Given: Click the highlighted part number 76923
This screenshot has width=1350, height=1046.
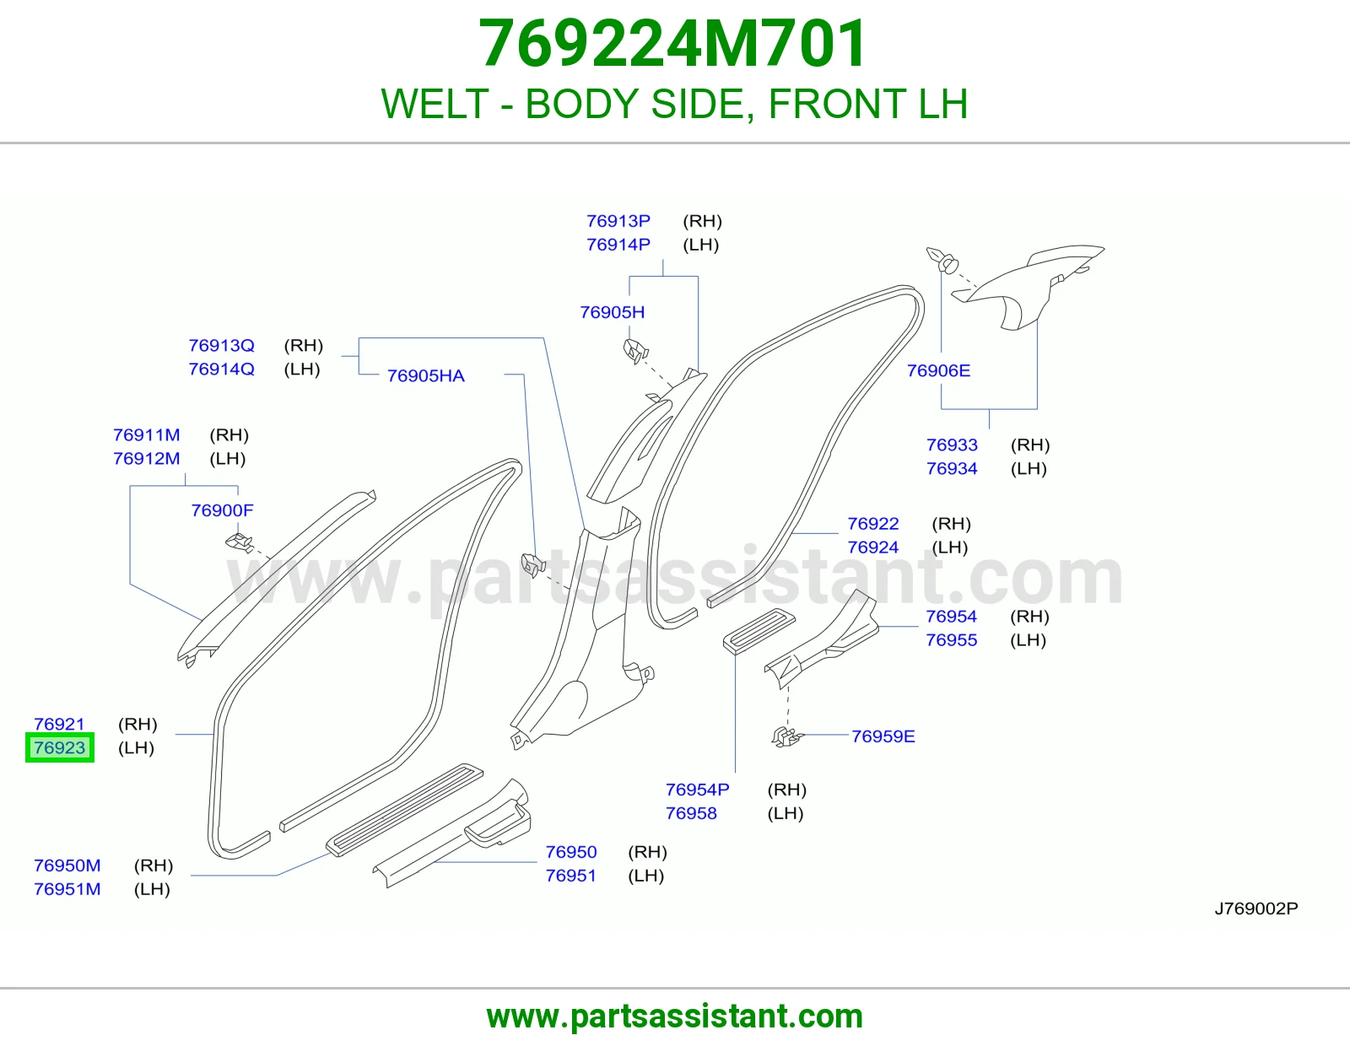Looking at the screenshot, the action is pyautogui.click(x=60, y=747).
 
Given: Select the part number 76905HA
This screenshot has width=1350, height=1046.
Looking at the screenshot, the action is pyautogui.click(x=425, y=375).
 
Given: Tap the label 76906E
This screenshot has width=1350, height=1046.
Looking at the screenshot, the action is pyautogui.click(x=938, y=371).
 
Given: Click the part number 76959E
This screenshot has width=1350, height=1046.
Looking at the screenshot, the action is pyautogui.click(x=883, y=736).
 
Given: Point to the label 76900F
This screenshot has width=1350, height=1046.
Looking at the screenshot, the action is pyautogui.click(x=222, y=510).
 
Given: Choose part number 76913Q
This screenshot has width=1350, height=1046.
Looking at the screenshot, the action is pyautogui.click(x=221, y=345).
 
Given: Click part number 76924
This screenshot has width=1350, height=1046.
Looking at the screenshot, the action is pyautogui.click(x=873, y=547).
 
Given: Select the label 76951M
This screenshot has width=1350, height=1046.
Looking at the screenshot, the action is pyautogui.click(x=67, y=889).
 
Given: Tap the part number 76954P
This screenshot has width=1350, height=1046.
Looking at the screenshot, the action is pyautogui.click(x=697, y=790).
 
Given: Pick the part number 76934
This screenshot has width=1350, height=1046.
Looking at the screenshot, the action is pyautogui.click(x=952, y=468).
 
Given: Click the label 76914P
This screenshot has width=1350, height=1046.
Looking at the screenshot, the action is pyautogui.click(x=618, y=245).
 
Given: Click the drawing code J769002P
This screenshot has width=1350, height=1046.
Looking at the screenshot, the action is pyautogui.click(x=1256, y=909).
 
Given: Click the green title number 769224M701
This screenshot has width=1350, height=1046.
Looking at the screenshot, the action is pyautogui.click(x=672, y=44).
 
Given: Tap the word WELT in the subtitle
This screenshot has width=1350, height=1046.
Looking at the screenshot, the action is pyautogui.click(x=435, y=104).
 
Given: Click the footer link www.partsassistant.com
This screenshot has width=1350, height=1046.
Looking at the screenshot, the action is pyautogui.click(x=675, y=1016).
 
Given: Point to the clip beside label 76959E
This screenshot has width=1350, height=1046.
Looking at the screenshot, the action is pyautogui.click(x=787, y=736).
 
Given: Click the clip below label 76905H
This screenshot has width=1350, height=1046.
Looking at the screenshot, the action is pyautogui.click(x=635, y=352).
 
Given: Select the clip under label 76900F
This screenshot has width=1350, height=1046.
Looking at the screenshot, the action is pyautogui.click(x=239, y=543).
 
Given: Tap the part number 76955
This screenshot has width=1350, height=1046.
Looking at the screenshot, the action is pyautogui.click(x=951, y=639).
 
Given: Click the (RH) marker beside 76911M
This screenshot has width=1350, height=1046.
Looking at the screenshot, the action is pyautogui.click(x=229, y=434).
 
